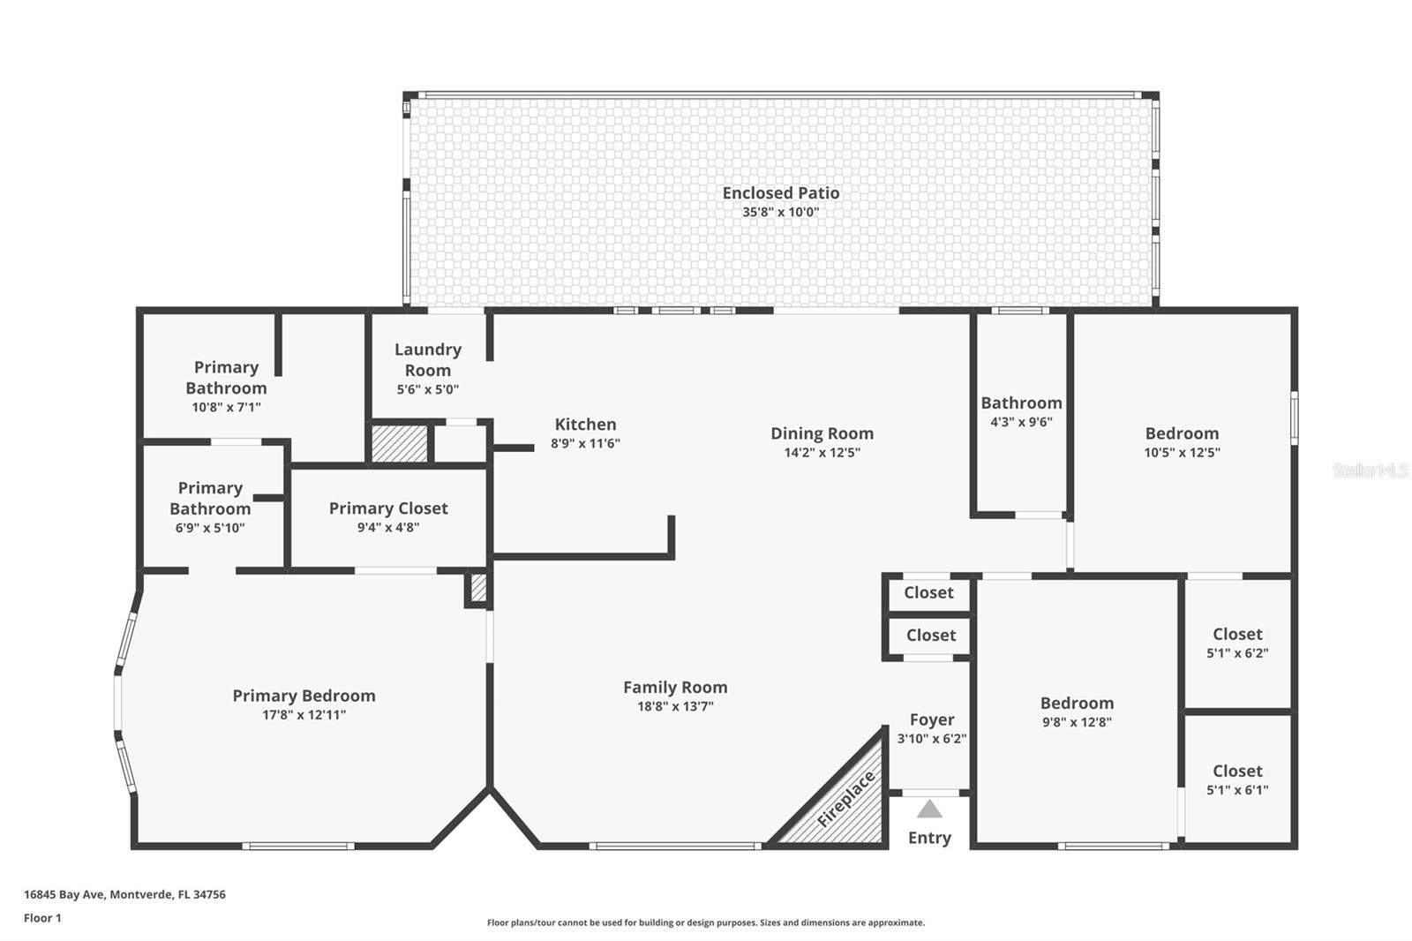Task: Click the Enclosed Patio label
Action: pos(780,192)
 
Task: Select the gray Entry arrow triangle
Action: pos(929,809)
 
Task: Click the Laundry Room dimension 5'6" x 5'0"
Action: pos(428,389)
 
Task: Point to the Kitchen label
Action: pos(585,425)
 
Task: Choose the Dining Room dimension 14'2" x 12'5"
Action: pos(822,453)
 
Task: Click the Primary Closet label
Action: pos(388,508)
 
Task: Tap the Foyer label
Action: pos(932,719)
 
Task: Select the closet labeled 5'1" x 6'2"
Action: pos(1237,643)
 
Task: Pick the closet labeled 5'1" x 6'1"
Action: pos(1237,780)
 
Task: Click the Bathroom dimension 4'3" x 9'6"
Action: pos(1021,422)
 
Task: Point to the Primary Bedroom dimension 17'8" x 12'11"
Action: pos(304,715)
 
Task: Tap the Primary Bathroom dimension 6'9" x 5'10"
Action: pos(210,528)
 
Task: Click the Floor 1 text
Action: pos(42,918)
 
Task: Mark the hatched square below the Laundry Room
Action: pos(399,444)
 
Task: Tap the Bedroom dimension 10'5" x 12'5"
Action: pos(1182,453)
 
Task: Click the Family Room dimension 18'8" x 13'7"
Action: pos(675,706)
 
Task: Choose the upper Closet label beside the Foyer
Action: pos(928,593)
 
